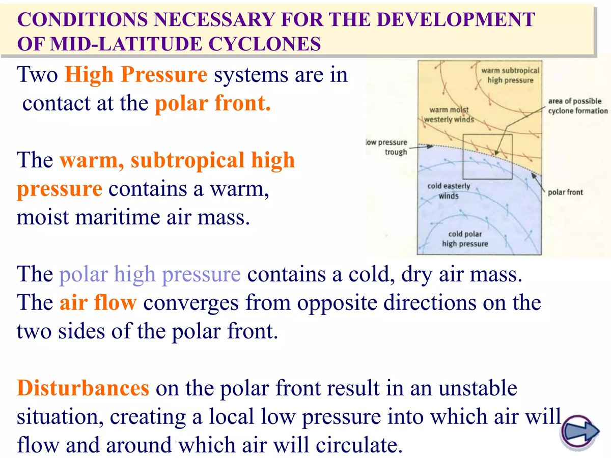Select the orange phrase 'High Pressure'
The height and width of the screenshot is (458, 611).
(x=136, y=75)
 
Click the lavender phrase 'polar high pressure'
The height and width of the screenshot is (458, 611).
(x=150, y=275)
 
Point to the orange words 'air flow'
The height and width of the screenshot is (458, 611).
(x=98, y=303)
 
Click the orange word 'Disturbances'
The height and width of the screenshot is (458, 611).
(x=83, y=389)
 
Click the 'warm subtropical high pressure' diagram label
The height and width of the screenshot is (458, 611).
(x=510, y=75)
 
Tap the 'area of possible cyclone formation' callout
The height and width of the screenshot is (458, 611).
(x=577, y=106)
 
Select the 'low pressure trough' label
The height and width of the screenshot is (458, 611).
(x=387, y=147)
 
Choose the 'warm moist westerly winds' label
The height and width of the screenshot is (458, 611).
(x=449, y=114)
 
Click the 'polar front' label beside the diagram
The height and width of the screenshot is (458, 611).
(x=565, y=192)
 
